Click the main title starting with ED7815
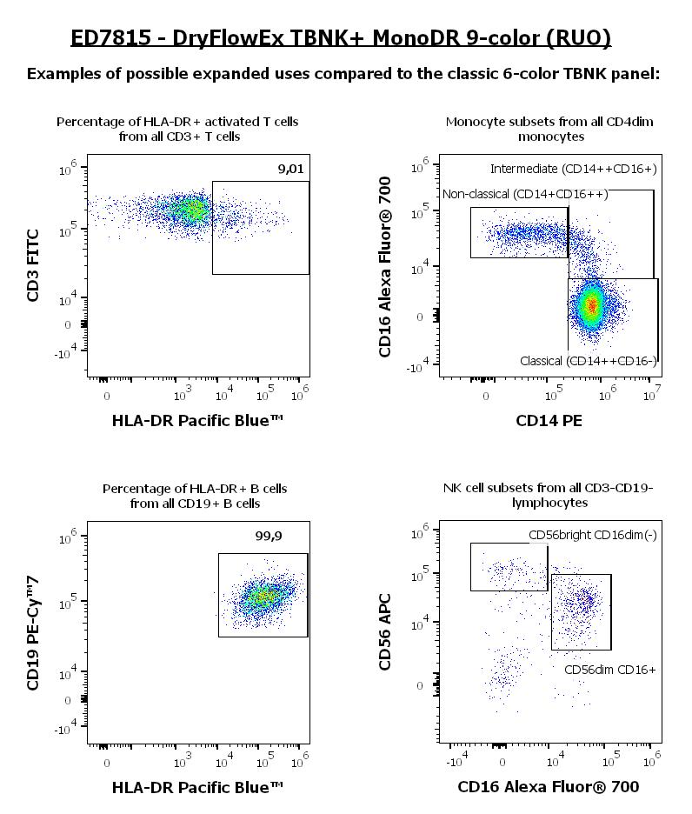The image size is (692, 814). click(x=341, y=37)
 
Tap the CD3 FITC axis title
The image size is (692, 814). click(x=33, y=264)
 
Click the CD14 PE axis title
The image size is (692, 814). click(x=549, y=421)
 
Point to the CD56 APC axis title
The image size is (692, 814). click(x=385, y=631)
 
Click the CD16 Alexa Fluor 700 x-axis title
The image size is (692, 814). click(x=549, y=787)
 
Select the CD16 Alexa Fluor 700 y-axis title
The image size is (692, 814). click(x=385, y=266)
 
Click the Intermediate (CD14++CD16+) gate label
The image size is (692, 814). click(x=573, y=168)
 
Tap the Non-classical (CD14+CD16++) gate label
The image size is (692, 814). click(x=525, y=194)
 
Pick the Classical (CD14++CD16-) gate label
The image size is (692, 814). click(x=588, y=360)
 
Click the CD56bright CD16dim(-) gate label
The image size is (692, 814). click(x=592, y=535)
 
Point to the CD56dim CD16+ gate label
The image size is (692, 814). click(x=609, y=670)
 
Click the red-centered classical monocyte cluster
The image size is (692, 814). click(x=592, y=305)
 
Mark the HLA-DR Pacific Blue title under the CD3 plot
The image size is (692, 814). click(x=197, y=421)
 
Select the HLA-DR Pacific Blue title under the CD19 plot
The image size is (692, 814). click(x=197, y=787)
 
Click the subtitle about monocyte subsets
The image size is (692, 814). click(x=549, y=129)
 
